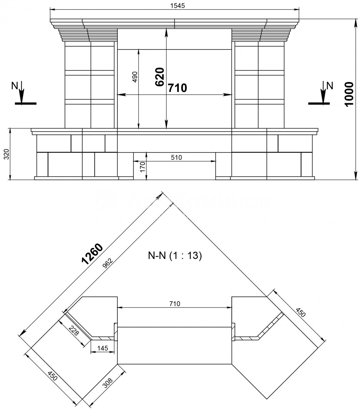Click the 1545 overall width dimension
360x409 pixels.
tap(177, 6)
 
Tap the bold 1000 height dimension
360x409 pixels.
tap(349, 94)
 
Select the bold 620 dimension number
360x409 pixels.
tap(160, 77)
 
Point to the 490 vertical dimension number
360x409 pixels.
tap(135, 77)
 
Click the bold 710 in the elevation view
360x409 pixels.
tap(177, 88)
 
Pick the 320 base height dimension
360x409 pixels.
tap(6, 154)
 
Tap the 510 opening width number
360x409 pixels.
tap(176, 157)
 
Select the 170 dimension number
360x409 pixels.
tap(143, 167)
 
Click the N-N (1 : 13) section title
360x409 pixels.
tap(175, 256)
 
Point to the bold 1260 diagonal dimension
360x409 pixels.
tap(92, 254)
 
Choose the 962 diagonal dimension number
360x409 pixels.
tap(107, 263)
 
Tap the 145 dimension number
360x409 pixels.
tap(103, 348)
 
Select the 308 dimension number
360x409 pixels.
tap(108, 383)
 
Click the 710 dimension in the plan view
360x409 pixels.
tap(175, 304)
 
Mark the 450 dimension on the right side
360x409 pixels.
tap(300, 312)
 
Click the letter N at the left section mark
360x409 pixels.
tap(15, 86)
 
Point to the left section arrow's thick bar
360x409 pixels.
tap(26, 103)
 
